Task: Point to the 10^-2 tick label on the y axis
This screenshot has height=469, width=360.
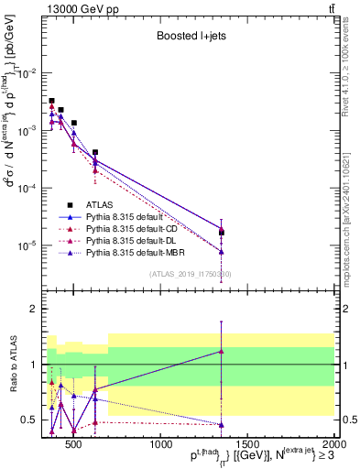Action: coord(28,73)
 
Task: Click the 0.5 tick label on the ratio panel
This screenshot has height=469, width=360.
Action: coord(30,420)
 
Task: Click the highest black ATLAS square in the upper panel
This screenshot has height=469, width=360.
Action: coord(51,101)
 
